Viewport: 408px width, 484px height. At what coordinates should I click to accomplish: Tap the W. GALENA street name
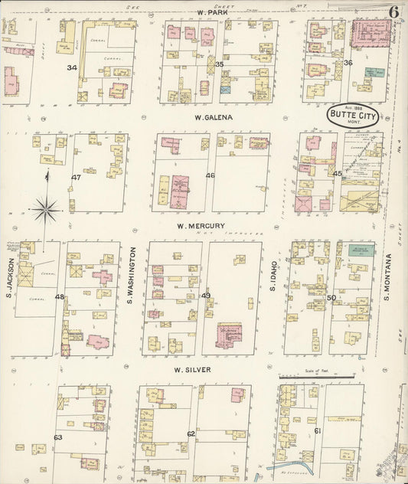point(214,118)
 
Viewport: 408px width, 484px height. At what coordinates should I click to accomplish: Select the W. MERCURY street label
point(201,226)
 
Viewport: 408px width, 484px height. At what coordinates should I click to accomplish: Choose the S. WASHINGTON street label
point(132,273)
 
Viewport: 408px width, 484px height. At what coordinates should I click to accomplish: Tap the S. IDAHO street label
point(272,276)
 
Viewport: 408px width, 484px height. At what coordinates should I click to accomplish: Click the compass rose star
point(47,207)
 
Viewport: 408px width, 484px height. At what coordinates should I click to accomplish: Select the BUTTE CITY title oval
point(354,115)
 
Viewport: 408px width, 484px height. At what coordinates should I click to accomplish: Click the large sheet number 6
point(393,11)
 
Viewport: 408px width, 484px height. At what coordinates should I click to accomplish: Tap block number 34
point(72,67)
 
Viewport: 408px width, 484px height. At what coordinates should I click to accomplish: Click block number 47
point(76,177)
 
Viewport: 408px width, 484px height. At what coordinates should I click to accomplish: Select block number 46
point(210,175)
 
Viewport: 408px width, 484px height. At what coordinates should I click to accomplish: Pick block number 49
point(205,295)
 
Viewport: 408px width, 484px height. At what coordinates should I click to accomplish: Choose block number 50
point(331,297)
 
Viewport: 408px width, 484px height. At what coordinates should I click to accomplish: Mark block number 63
point(57,437)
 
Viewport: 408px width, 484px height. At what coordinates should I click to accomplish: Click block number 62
point(191,434)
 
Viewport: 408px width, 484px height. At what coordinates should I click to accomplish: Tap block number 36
point(348,63)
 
